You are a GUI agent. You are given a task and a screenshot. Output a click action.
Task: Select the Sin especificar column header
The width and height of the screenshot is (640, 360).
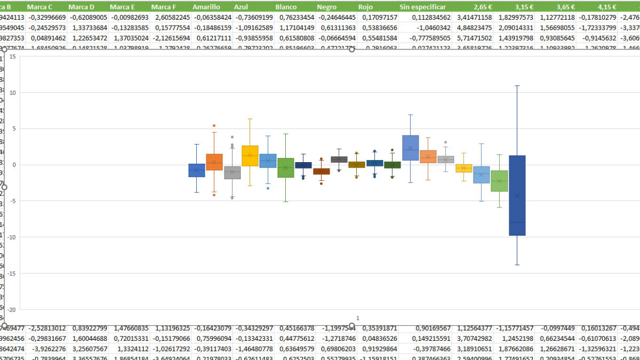click(x=422, y=7)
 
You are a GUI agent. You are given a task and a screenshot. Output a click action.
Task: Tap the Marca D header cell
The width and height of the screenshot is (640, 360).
click(x=82, y=7)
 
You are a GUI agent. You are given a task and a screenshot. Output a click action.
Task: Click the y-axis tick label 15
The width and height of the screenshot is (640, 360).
click(x=12, y=56)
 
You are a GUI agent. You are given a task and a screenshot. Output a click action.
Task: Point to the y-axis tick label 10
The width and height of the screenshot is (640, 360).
click(x=12, y=92)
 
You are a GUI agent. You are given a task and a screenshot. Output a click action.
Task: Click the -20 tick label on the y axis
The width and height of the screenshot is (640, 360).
click(x=11, y=309)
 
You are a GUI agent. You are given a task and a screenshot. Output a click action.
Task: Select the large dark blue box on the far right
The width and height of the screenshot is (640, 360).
click(x=517, y=195)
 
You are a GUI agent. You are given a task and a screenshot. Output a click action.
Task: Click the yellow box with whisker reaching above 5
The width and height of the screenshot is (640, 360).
click(x=250, y=155)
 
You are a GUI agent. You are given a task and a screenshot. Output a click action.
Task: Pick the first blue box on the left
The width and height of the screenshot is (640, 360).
click(x=197, y=170)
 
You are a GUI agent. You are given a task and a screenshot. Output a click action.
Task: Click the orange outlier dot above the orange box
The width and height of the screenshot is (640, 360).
click(x=214, y=126)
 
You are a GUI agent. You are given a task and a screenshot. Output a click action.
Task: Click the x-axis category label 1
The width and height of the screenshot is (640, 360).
click(x=357, y=318)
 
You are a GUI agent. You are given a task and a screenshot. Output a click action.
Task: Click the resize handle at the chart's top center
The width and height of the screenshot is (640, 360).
click(x=351, y=50)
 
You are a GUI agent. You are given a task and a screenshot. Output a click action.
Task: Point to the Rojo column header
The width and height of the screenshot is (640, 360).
click(x=366, y=7)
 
